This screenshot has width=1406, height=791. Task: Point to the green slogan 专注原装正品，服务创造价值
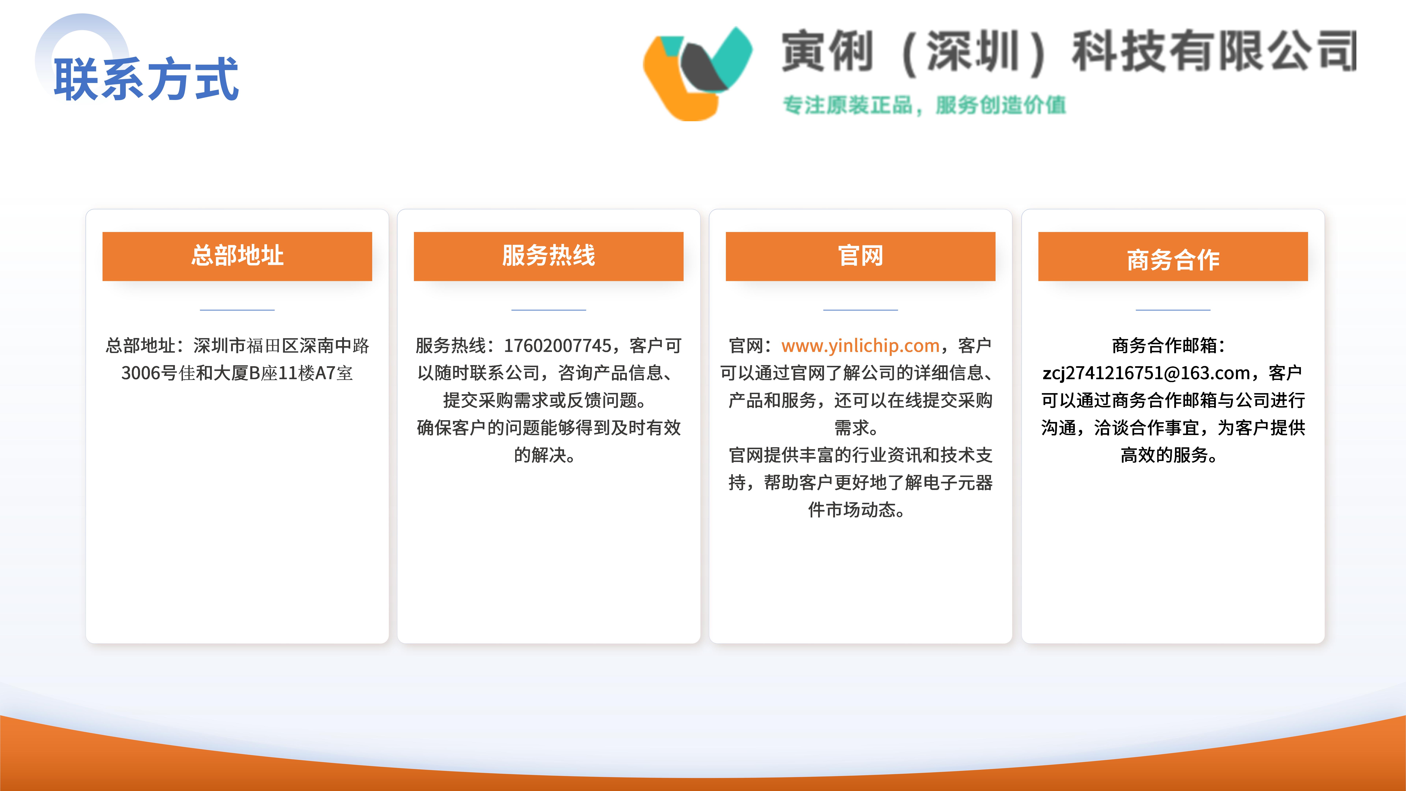(924, 105)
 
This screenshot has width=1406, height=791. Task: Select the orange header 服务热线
(548, 256)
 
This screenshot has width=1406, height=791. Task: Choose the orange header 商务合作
(1173, 256)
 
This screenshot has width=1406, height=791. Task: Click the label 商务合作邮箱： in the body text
(1169, 346)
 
